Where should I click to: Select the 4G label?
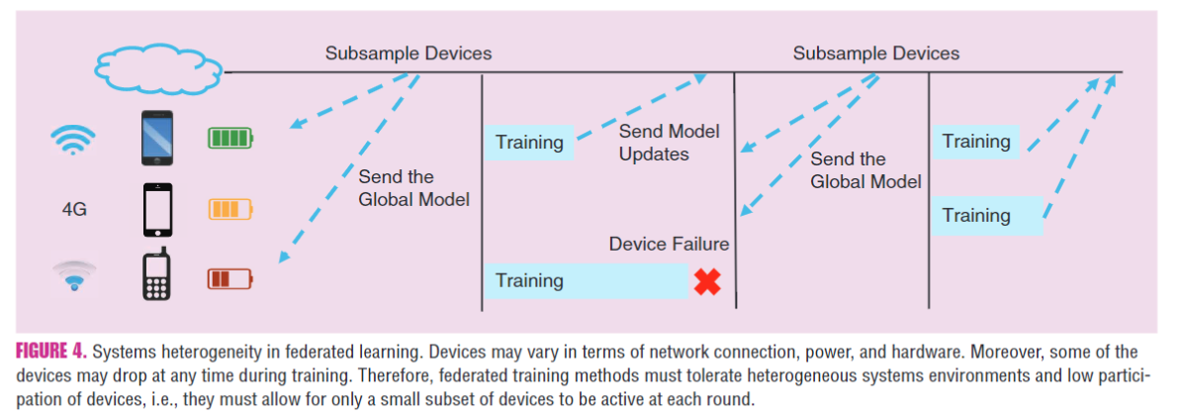(75, 209)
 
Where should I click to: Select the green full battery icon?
(229, 138)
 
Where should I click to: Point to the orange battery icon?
(229, 209)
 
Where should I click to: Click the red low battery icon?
(229, 279)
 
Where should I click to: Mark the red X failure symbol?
(706, 282)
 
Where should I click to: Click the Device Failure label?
(669, 244)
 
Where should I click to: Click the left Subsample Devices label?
(408, 53)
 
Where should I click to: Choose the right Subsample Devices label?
(875, 53)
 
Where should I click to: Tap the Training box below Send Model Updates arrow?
(529, 143)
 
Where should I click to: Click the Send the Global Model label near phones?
(412, 188)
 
